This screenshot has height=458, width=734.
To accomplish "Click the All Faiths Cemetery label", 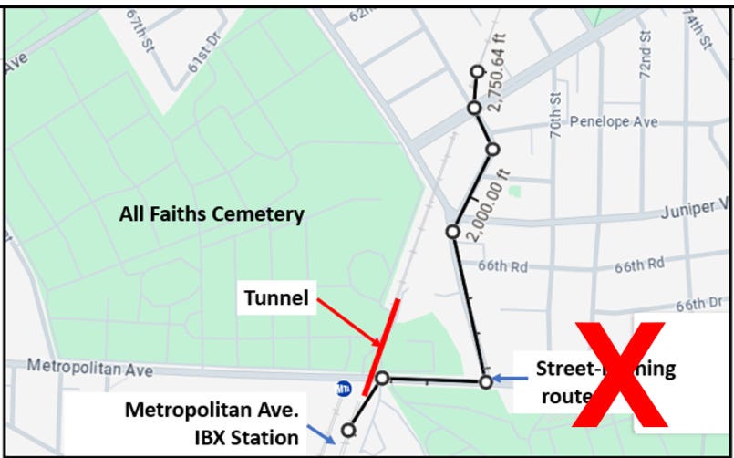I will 212,214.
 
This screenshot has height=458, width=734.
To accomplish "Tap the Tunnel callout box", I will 275,297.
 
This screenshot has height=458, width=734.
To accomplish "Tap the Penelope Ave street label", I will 613,121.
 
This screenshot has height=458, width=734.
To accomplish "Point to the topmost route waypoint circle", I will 476,72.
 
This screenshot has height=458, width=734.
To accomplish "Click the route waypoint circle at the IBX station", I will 348,430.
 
